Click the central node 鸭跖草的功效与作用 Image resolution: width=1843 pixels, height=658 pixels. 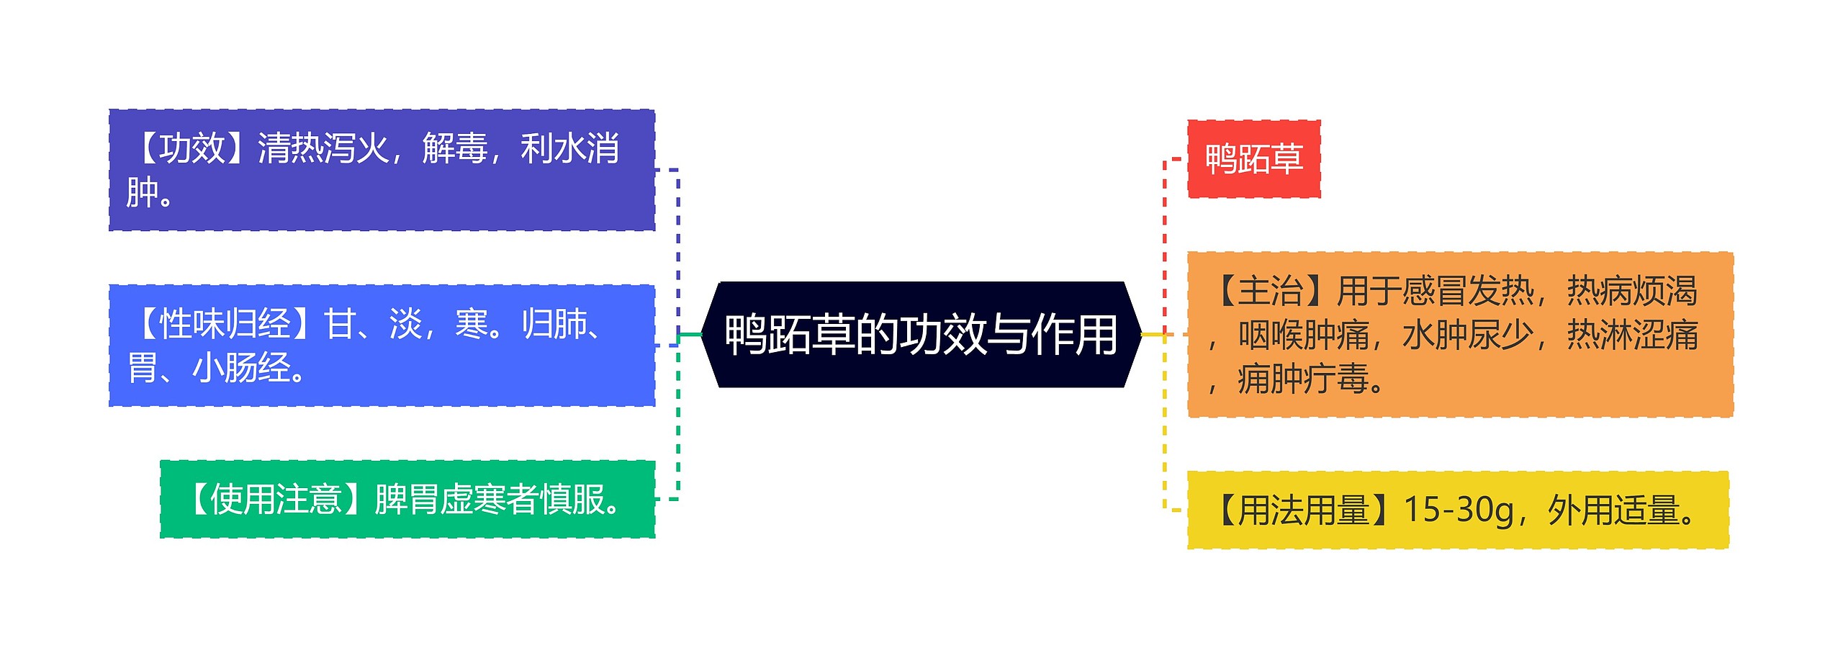coord(921,335)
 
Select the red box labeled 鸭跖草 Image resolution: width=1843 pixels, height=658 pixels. coord(1253,159)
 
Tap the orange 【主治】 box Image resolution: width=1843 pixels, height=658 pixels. coord(1459,335)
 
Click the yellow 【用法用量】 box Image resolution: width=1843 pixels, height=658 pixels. coord(1457,510)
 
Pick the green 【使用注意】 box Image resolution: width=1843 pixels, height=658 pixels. coord(407,499)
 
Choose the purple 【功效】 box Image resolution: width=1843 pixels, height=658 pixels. coord(382,171)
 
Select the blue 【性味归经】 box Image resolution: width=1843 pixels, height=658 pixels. coord(382,346)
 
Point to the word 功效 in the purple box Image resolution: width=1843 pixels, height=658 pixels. coord(192,149)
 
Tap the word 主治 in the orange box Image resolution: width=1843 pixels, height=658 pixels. coord(1271,292)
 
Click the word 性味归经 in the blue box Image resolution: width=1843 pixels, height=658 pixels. coord(225,324)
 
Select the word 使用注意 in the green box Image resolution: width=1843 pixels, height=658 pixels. coord(276,500)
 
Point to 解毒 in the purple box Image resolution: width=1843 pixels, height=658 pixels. coord(454,149)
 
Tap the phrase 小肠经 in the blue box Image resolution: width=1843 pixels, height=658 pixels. coord(241,368)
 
